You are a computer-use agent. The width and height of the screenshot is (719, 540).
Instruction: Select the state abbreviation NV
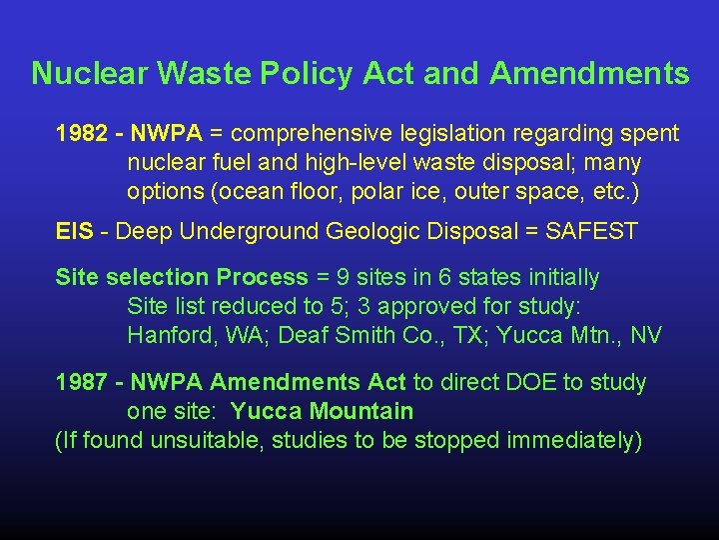[x=645, y=335]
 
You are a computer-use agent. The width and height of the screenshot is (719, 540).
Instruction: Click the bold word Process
[x=263, y=277]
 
